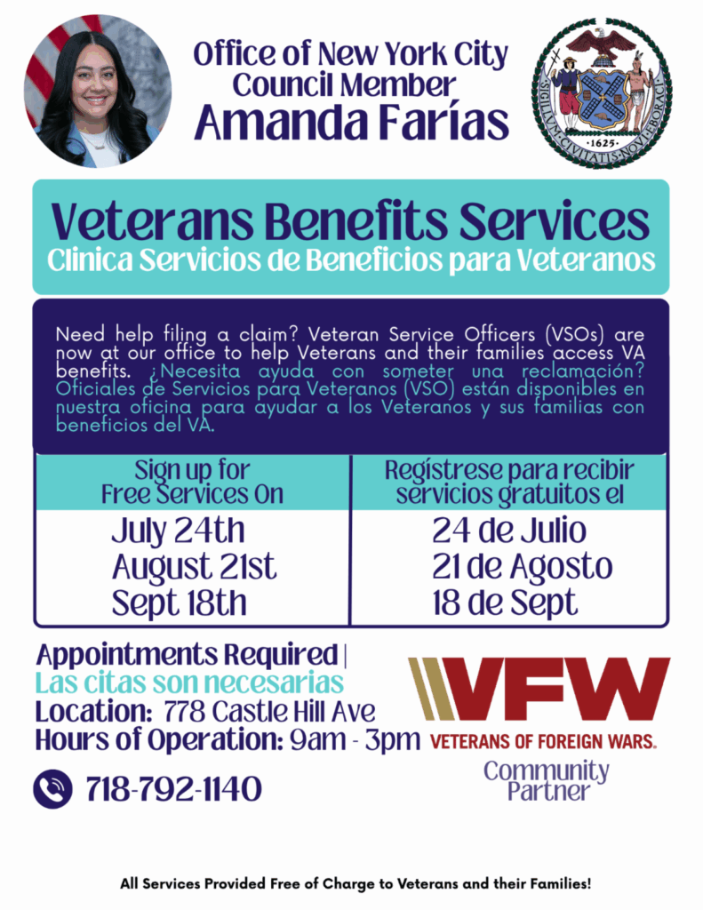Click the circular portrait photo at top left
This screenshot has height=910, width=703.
pyautogui.click(x=98, y=92)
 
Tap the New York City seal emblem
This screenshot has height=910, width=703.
pyautogui.click(x=602, y=92)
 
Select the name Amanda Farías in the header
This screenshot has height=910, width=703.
pyautogui.click(x=352, y=121)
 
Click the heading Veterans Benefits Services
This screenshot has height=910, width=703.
pyautogui.click(x=350, y=221)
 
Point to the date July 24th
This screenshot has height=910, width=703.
pyautogui.click(x=179, y=531)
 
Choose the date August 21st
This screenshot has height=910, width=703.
pyautogui.click(x=194, y=567)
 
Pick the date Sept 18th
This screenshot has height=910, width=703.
pyautogui.click(x=180, y=603)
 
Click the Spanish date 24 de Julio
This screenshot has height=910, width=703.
pyautogui.click(x=509, y=531)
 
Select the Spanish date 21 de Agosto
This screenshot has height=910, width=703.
pyautogui.click(x=522, y=567)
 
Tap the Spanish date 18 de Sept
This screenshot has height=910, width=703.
pyautogui.click(x=505, y=603)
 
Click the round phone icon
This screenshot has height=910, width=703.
pyautogui.click(x=52, y=789)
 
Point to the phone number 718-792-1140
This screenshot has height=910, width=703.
pyautogui.click(x=173, y=789)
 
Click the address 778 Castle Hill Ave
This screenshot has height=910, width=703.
pyautogui.click(x=270, y=711)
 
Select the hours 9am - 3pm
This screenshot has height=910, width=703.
pyautogui.click(x=355, y=739)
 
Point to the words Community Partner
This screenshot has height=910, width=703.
pyautogui.click(x=547, y=780)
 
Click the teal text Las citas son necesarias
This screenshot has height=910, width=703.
pyautogui.click(x=190, y=682)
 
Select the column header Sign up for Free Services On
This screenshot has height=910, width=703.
pyautogui.click(x=192, y=482)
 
